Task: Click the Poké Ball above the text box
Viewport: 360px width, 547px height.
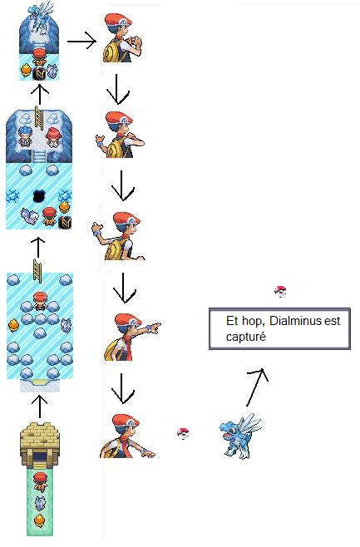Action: [280, 291]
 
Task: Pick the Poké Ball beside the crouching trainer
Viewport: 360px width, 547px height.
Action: [183, 433]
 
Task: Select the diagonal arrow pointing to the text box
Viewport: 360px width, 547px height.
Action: [257, 387]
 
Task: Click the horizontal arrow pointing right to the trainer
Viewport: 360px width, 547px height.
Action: [81, 42]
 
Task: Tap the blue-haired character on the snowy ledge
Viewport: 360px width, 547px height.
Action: [24, 136]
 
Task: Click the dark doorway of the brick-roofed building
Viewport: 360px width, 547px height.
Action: [40, 456]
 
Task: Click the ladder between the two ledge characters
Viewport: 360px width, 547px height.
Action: [38, 118]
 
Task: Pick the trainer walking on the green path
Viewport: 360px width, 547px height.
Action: [40, 482]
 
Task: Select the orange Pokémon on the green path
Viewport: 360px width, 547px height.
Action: [39, 521]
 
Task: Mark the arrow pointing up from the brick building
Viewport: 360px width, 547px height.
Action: [39, 407]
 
